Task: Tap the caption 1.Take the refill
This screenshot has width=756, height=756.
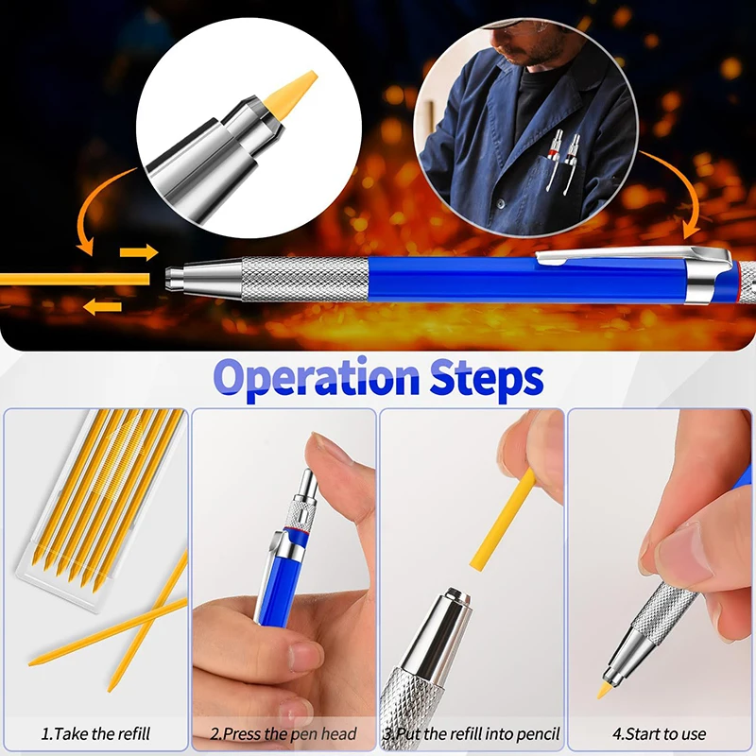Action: click(94, 733)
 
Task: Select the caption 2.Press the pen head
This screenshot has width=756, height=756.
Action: click(283, 733)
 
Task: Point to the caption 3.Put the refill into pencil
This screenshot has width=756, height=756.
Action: click(472, 733)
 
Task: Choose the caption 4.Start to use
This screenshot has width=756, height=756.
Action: click(660, 733)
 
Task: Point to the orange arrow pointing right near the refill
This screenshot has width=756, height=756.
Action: click(140, 252)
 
